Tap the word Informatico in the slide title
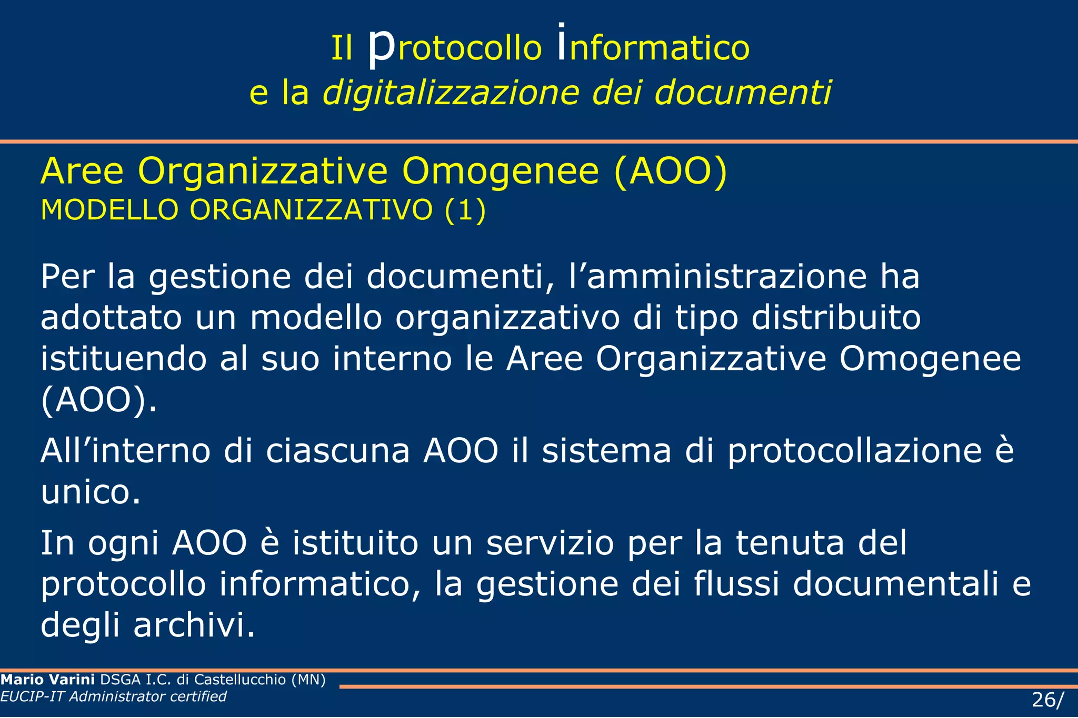tap(653, 47)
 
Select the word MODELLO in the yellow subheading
tap(110, 210)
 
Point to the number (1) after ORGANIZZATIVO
tap(465, 210)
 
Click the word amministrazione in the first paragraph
tap(727, 277)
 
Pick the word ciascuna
tap(337, 451)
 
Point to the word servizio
tap(550, 543)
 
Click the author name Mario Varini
tap(48, 680)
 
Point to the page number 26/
tap(1047, 700)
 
